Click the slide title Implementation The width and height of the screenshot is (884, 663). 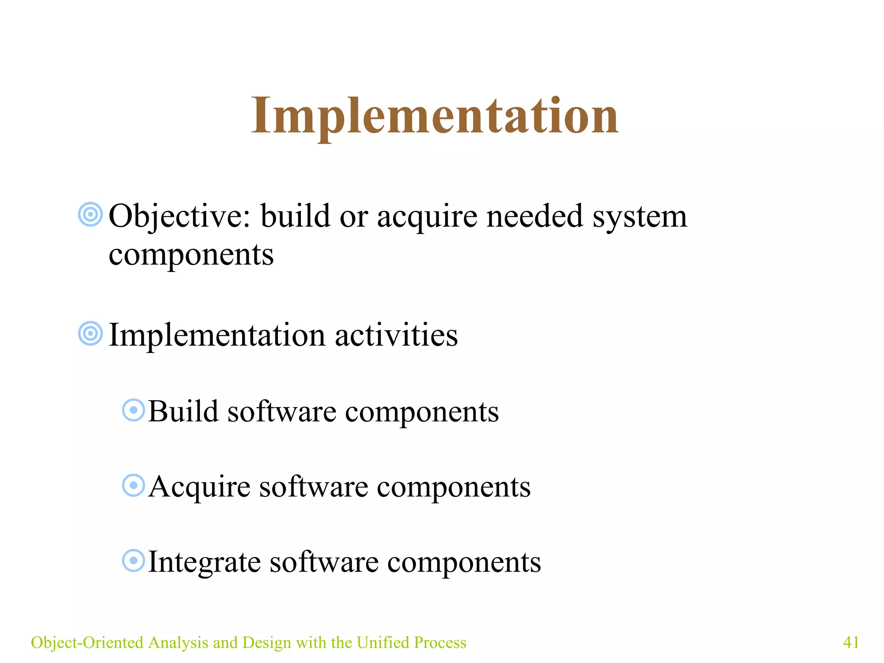tap(435, 116)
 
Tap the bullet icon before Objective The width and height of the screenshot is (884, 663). tap(91, 214)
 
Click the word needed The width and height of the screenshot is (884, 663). tap(534, 216)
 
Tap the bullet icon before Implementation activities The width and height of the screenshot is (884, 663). tap(91, 333)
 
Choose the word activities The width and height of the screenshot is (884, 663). tap(396, 335)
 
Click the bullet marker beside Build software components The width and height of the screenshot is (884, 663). tap(133, 410)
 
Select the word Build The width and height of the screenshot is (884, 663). tap(183, 411)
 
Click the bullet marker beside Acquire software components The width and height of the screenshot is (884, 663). tap(133, 486)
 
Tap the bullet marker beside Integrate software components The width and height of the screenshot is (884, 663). tap(133, 561)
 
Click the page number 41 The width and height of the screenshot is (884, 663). tap(851, 642)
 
